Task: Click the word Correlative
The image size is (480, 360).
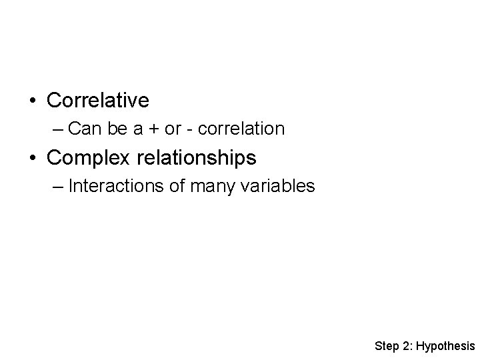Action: coord(98,101)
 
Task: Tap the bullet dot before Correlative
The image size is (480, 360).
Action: coord(32,101)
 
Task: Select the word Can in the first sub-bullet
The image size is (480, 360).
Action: coord(83,128)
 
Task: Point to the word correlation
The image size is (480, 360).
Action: coord(244,128)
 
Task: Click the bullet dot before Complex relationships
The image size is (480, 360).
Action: coord(32,159)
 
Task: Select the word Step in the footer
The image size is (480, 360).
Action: coord(386,346)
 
